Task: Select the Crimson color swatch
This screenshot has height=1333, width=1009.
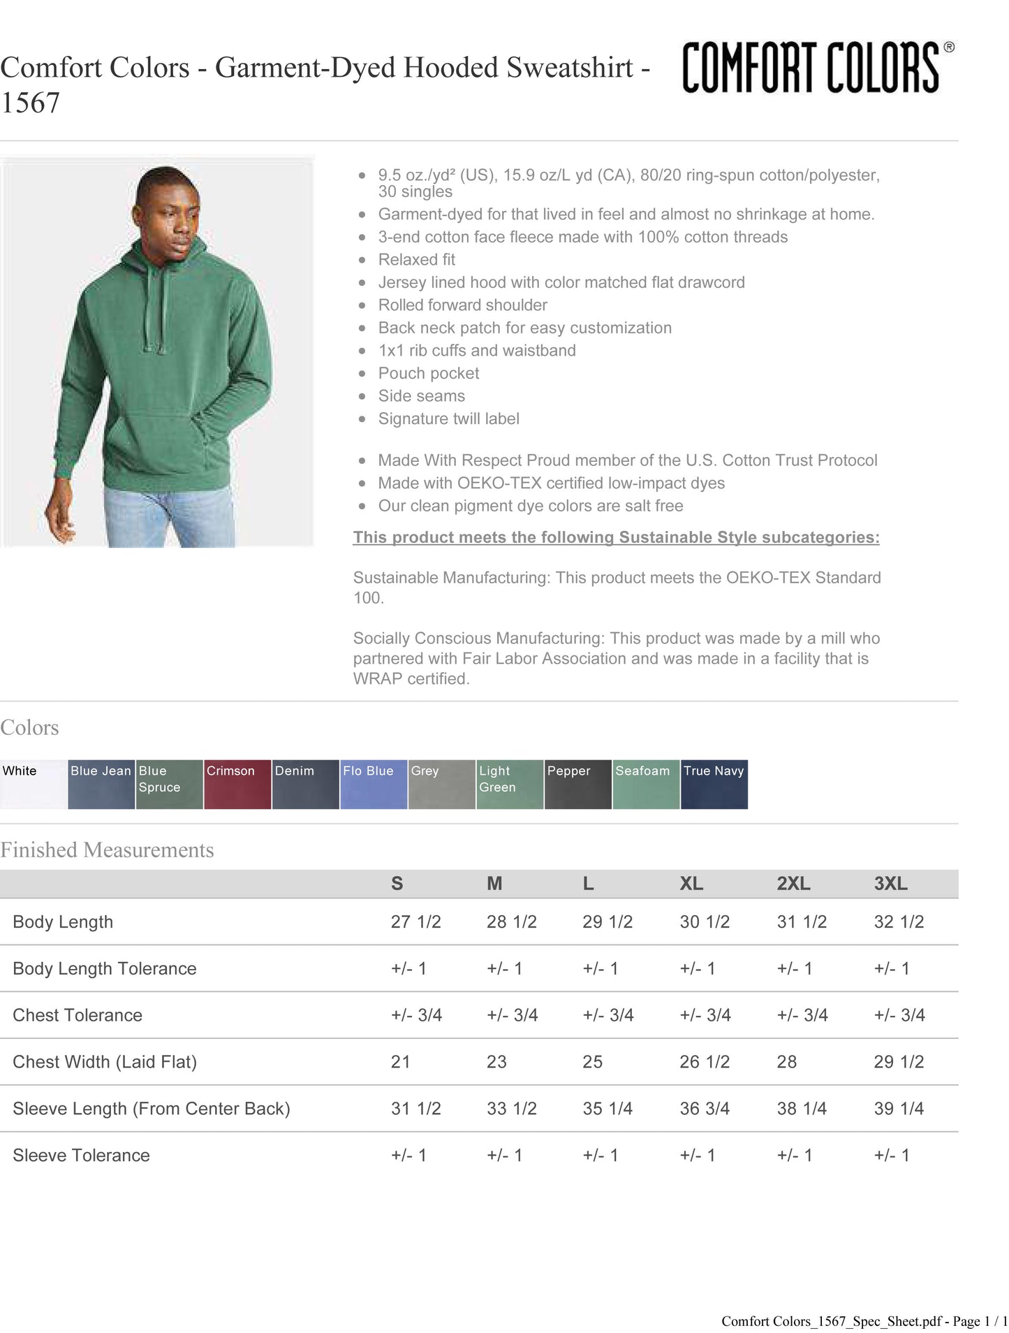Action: (237, 784)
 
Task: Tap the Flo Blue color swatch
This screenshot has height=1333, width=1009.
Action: (374, 784)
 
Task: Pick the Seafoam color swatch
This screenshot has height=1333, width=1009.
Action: (646, 784)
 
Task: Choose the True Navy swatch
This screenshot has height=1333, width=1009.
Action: (714, 784)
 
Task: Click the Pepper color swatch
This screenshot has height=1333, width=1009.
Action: (578, 784)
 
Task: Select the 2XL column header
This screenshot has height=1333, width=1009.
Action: (793, 884)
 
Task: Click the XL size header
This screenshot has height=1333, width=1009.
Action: (691, 884)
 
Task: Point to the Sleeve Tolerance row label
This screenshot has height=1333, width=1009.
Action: (81, 1155)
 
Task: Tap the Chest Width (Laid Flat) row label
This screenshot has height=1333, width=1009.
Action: (105, 1062)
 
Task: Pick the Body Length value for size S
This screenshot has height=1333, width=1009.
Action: (415, 922)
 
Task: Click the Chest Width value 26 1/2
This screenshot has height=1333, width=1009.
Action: (705, 1062)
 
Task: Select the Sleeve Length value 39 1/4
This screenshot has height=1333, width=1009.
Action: (899, 1108)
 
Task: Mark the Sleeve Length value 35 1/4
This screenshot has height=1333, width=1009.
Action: (607, 1108)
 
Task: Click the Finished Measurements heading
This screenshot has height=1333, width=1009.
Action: (107, 850)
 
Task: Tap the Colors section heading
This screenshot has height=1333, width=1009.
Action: (29, 727)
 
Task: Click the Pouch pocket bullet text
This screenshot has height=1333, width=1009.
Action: (428, 373)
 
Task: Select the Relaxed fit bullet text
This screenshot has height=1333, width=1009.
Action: (416, 260)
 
